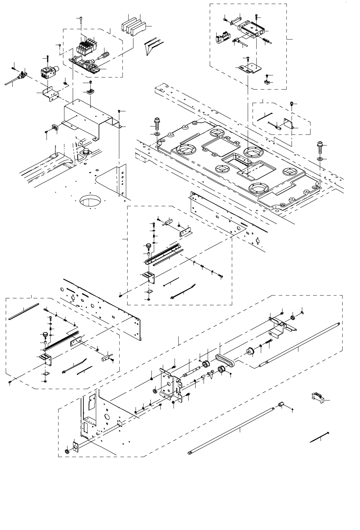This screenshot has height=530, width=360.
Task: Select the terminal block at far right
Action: [x=317, y=398]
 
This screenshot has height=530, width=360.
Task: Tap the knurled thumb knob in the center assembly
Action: [x=148, y=247]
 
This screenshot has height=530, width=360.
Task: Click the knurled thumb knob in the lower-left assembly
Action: [x=45, y=334]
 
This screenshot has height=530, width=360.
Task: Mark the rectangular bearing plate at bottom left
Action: [x=75, y=446]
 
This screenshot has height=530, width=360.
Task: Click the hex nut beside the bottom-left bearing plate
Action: [x=67, y=451]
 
